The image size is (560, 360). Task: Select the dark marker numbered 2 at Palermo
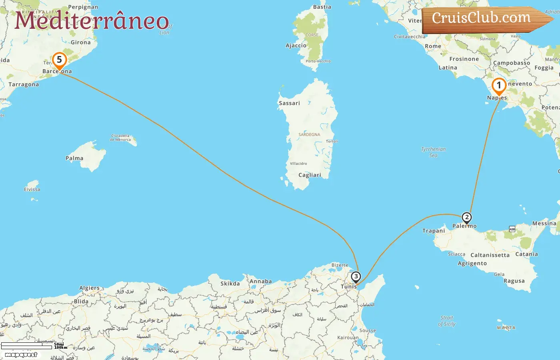[466, 218]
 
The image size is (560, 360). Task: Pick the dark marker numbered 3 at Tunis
[356, 277]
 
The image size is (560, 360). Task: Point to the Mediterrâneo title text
[92, 21]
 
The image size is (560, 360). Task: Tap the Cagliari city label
[310, 175]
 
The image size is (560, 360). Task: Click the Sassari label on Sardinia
[289, 103]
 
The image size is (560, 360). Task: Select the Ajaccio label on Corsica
[296, 46]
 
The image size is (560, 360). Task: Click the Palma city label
[74, 158]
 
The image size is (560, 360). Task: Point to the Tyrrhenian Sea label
[433, 152]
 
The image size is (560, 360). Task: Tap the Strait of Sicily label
[447, 321]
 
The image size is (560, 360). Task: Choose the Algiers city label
[89, 288]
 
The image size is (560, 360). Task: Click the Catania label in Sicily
[526, 254]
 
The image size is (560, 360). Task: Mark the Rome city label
[433, 46]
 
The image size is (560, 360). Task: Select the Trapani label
[434, 231]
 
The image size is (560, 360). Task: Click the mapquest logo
[21, 355]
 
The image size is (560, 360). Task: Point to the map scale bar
[27, 346]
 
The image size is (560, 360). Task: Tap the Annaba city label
[260, 282]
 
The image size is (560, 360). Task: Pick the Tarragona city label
[24, 85]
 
